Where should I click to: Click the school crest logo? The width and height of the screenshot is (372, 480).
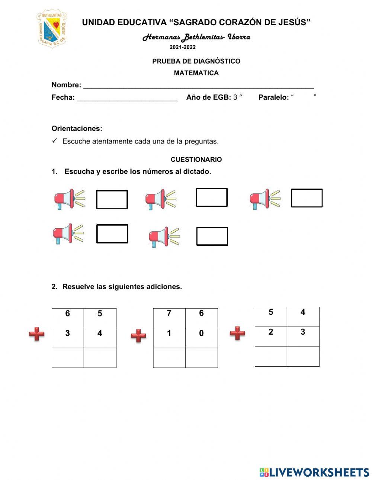52,29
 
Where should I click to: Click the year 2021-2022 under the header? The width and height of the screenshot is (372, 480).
182,47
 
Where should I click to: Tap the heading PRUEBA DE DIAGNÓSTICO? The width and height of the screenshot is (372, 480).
196,61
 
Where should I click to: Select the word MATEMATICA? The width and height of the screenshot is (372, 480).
196,73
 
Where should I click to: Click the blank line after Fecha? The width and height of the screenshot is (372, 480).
127,99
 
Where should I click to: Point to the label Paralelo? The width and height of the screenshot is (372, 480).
273,97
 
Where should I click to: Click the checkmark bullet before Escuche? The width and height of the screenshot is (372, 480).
54,141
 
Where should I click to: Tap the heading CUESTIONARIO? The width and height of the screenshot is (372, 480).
196,160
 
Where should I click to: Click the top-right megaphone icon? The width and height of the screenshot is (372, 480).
265,199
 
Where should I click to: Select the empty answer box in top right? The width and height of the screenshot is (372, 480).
307,198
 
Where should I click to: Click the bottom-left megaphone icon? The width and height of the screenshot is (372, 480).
68,234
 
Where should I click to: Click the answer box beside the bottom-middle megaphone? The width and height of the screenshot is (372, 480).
212,236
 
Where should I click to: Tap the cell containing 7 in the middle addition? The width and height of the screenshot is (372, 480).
169,318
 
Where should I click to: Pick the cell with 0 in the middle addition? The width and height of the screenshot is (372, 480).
201,338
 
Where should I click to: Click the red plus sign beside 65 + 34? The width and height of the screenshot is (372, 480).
37,334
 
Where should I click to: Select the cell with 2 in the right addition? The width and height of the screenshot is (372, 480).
271,336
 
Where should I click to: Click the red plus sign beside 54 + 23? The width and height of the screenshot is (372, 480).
237,333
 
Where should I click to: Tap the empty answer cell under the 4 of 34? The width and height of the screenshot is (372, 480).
100,358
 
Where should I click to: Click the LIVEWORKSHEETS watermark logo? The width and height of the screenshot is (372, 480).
314,472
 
